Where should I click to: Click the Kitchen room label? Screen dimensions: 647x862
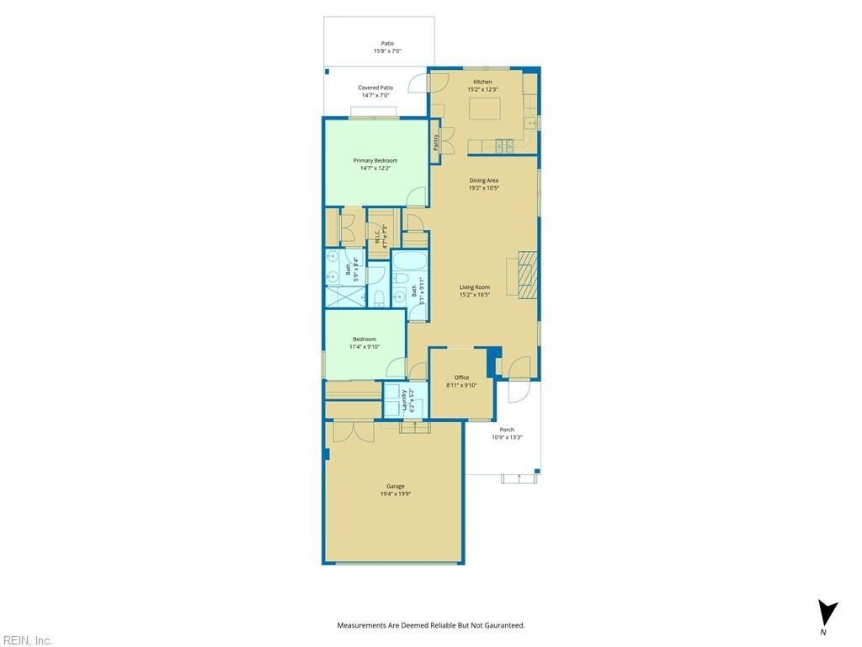pyautogui.click(x=482, y=82)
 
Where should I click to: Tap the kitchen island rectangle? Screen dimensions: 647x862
pyautogui.click(x=485, y=108)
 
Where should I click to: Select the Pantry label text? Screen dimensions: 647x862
pyautogui.click(x=436, y=142)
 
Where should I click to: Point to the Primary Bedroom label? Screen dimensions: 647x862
pyautogui.click(x=375, y=160)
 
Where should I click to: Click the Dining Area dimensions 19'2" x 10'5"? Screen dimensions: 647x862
pyautogui.click(x=484, y=188)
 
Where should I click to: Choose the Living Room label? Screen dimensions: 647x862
pyautogui.click(x=475, y=287)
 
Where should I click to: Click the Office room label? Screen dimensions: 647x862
pyautogui.click(x=461, y=377)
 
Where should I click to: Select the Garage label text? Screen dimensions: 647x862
pyautogui.click(x=395, y=486)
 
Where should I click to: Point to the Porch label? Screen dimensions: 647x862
pyautogui.click(x=507, y=430)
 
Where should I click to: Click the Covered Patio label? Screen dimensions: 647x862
pyautogui.click(x=375, y=88)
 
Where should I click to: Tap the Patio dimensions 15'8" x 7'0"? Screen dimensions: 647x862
pyautogui.click(x=387, y=51)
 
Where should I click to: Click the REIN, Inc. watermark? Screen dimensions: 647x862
pyautogui.click(x=27, y=640)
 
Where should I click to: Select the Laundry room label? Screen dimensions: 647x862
pyautogui.click(x=405, y=399)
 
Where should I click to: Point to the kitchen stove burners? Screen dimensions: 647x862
pyautogui.click(x=504, y=146)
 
